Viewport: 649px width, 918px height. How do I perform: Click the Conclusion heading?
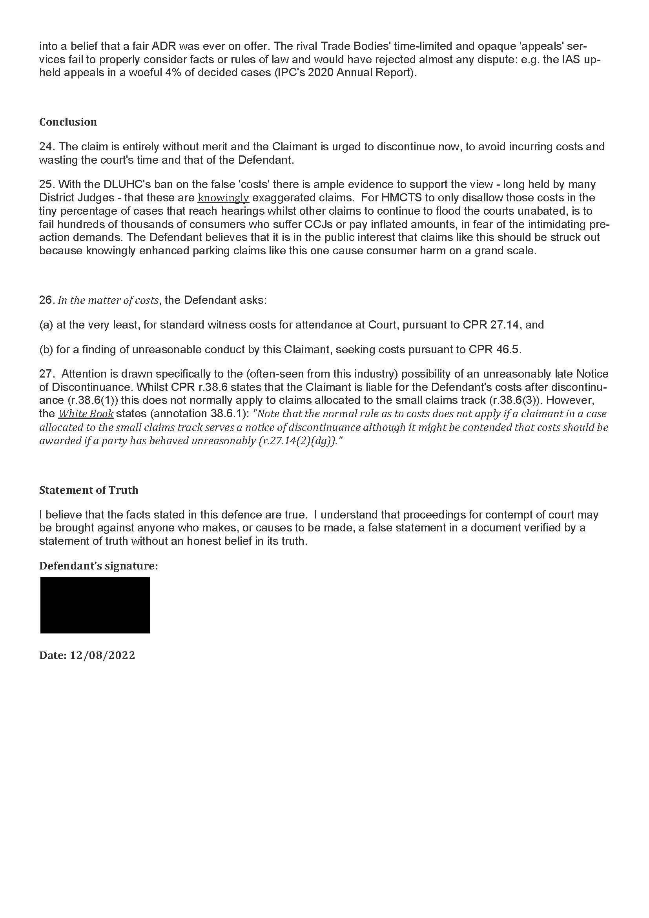pos(68,122)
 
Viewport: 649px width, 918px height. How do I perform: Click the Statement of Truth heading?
pos(89,490)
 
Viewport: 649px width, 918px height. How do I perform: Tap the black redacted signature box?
pos(95,605)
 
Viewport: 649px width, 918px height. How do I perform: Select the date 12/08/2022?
pos(102,655)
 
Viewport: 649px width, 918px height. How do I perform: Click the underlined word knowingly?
pos(223,198)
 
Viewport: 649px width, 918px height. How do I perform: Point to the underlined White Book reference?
pos(86,414)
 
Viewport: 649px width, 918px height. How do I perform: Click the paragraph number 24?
pos(46,147)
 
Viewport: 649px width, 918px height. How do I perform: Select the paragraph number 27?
pos(46,374)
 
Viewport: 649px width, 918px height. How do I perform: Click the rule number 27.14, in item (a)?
pos(506,325)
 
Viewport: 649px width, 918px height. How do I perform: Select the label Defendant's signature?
pos(98,566)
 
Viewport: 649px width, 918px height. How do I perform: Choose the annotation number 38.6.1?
pos(224,414)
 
